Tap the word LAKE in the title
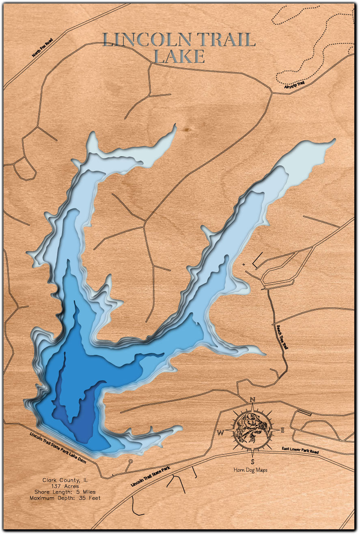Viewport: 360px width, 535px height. click(x=179, y=57)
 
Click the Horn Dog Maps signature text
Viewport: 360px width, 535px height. click(x=250, y=470)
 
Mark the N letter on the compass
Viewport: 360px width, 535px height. click(x=252, y=400)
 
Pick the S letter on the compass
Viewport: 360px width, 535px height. click(x=252, y=462)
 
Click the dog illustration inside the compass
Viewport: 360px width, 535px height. click(x=252, y=430)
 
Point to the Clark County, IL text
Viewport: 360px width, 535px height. click(x=65, y=480)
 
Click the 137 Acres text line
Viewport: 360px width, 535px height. click(x=65, y=486)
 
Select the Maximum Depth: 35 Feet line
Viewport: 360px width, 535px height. click(x=65, y=498)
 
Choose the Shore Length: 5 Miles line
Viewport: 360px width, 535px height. click(x=65, y=492)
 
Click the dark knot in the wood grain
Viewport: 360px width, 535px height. click(x=187, y=129)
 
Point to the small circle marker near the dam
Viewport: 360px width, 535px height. click(x=130, y=462)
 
